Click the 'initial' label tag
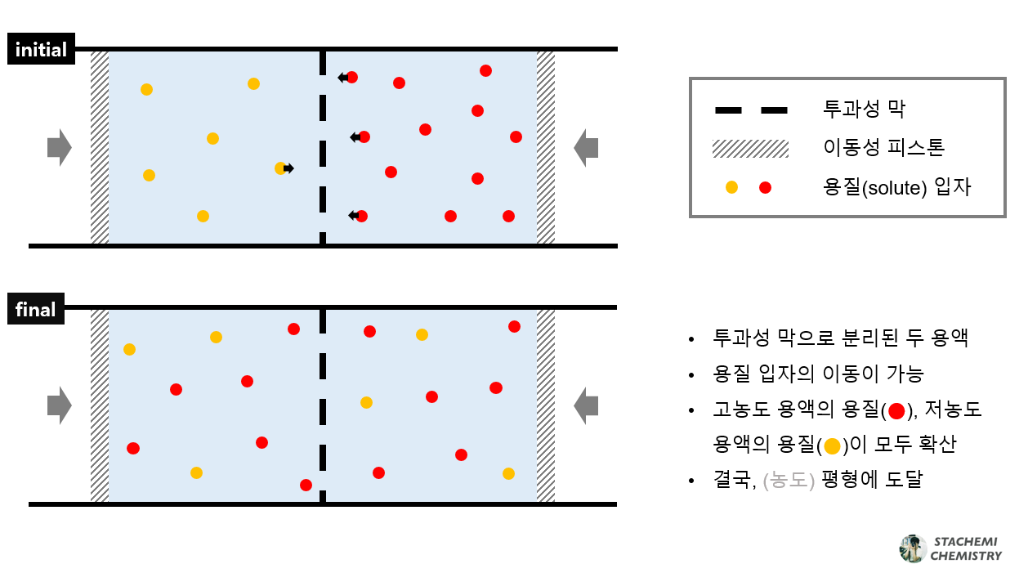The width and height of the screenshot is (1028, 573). point(41,49)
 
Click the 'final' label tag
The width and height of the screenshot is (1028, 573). point(36,310)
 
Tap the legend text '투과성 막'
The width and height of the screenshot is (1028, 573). point(865,109)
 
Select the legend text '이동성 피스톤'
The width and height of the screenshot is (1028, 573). point(884,148)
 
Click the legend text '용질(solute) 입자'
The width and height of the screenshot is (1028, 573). point(897,187)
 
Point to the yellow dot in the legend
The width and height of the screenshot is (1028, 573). point(731,187)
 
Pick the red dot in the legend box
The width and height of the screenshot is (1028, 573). point(765,187)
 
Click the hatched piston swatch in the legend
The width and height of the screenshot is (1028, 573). point(750,148)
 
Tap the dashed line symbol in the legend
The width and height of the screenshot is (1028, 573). point(750,109)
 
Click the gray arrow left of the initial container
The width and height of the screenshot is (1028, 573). point(60,147)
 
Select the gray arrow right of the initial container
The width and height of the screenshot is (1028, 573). point(586,147)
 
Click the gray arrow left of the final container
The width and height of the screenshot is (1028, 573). point(60,405)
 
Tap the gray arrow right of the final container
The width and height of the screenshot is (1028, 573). point(586,405)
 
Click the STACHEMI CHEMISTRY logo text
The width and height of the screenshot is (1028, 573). point(965,548)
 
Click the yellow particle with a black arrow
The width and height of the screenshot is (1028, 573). point(280,168)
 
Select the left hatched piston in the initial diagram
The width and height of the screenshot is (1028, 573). point(100,147)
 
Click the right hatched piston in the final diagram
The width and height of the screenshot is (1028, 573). point(546,405)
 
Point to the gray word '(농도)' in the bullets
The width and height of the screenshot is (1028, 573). point(789,480)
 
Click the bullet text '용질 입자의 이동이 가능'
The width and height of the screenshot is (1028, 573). point(818,374)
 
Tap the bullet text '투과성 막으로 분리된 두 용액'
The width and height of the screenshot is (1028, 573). point(841,338)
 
